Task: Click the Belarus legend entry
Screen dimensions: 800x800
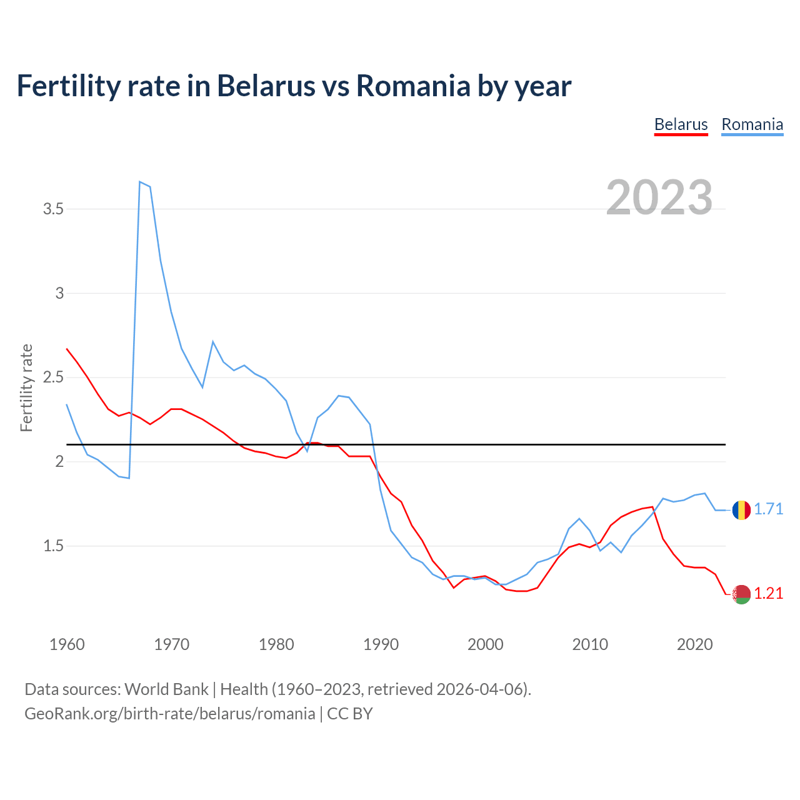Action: click(x=681, y=124)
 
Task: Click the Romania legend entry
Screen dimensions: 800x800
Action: click(x=752, y=124)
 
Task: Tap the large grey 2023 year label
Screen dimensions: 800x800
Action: click(x=659, y=197)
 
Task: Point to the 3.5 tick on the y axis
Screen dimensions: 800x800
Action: click(x=54, y=209)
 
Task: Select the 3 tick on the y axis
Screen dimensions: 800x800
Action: click(x=60, y=293)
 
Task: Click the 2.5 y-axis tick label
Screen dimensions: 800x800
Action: click(x=54, y=377)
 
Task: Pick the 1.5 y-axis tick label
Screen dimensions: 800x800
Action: click(x=54, y=546)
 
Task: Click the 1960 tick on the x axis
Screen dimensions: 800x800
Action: click(x=67, y=644)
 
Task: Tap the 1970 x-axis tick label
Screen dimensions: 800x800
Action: click(x=171, y=644)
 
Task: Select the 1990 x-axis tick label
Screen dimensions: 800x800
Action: click(x=381, y=644)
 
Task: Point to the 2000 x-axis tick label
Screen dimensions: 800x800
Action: click(x=485, y=644)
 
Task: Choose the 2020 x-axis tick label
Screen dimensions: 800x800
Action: click(x=694, y=644)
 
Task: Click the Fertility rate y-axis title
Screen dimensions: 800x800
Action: click(x=26, y=387)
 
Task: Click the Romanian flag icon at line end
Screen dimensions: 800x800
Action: click(x=741, y=510)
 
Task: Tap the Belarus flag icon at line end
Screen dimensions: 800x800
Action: click(x=741, y=594)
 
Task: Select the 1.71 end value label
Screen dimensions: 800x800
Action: click(x=768, y=509)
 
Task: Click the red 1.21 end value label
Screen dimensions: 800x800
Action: click(x=768, y=594)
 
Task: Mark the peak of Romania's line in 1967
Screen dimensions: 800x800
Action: click(x=140, y=182)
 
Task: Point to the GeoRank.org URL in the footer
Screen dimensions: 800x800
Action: click(x=169, y=714)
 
